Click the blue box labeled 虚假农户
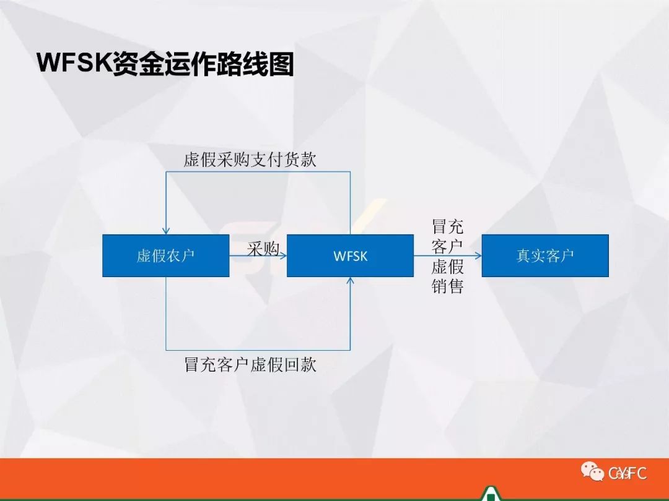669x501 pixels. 165,255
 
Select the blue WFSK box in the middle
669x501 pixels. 350,255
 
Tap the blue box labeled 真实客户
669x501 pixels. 545,255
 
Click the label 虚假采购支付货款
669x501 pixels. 250,160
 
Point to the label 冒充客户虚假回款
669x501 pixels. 250,365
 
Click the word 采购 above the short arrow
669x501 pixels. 263,249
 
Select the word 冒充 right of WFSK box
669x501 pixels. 448,226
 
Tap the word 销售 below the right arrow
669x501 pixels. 448,286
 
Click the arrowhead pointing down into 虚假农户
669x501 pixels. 166,231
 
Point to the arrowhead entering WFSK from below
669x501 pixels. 350,281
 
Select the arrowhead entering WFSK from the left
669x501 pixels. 283,255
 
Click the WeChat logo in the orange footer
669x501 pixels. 592,471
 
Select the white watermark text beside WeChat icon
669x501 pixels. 627,473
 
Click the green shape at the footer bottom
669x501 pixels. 489,494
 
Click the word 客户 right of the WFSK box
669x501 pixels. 448,246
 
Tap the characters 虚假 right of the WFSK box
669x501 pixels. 448,266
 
